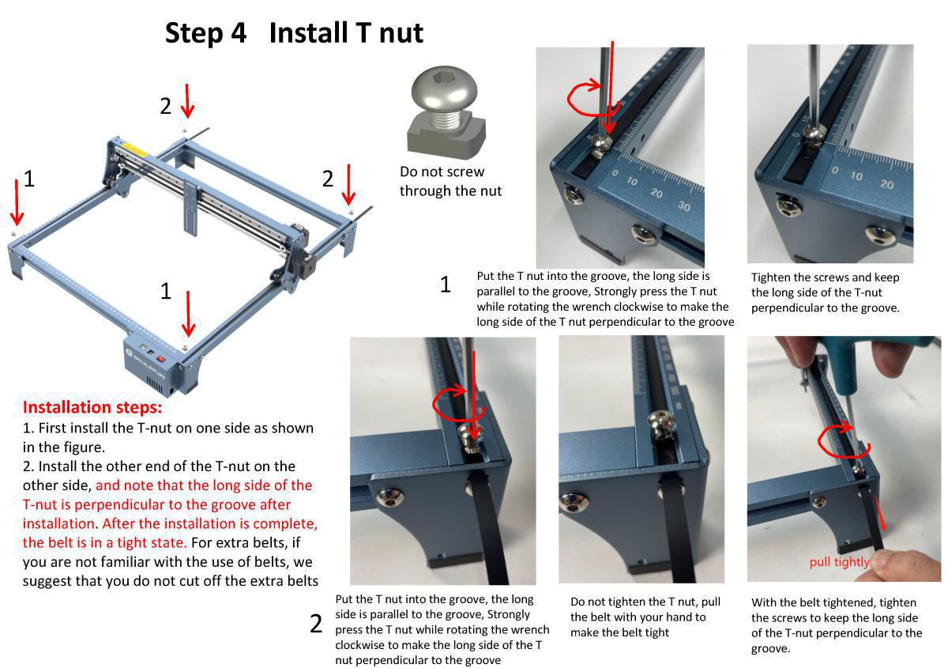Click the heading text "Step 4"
click(205, 33)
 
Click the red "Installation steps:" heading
click(92, 407)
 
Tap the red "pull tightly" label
click(838, 562)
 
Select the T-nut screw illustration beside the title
click(445, 111)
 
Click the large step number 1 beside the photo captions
click(446, 285)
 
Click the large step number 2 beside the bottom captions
click(316, 625)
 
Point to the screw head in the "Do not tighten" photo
click(660, 423)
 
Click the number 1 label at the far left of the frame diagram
click(29, 179)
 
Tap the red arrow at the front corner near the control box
click(188, 315)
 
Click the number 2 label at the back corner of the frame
click(165, 105)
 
